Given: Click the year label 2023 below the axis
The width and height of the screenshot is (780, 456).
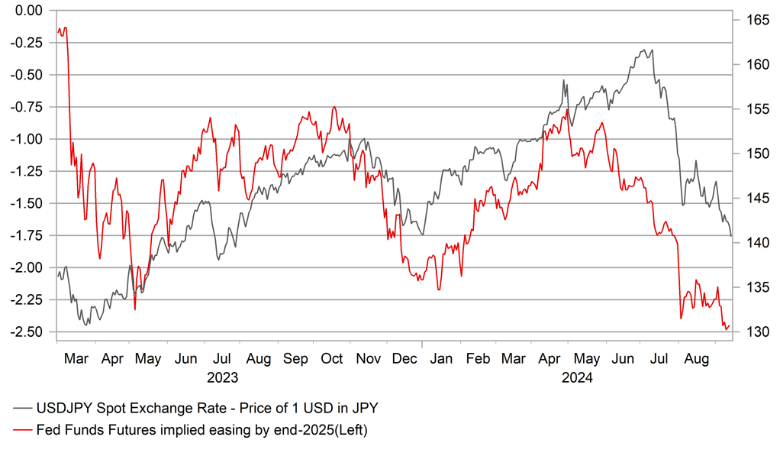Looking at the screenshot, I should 222,377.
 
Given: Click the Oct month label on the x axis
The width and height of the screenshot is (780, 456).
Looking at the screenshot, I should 332,357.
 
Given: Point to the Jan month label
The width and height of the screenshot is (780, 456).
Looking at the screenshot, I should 441,357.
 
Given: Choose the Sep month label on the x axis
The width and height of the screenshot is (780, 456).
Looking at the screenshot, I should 295,357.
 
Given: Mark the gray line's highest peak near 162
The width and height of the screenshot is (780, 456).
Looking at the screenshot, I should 644,50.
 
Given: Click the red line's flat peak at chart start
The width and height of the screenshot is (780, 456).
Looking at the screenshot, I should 65,28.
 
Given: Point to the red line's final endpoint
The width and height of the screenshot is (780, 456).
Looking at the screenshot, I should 730,325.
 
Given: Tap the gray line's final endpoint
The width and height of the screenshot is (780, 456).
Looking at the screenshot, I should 731,235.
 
